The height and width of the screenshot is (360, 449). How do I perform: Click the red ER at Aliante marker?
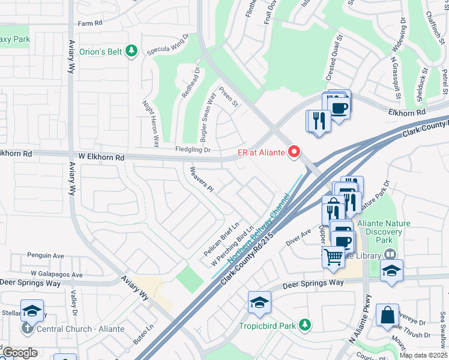click(294, 152)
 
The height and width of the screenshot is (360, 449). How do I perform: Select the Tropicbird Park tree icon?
click(306, 325)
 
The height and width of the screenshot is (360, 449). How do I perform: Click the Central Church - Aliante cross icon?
click(27, 329)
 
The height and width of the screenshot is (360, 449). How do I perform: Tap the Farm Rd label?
click(91, 23)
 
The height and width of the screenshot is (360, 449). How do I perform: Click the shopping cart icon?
click(333, 256)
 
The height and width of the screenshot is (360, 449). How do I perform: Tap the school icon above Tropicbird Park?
click(259, 302)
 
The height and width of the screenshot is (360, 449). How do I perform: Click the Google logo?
click(19, 353)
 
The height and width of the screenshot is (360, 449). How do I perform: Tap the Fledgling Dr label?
click(193, 149)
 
